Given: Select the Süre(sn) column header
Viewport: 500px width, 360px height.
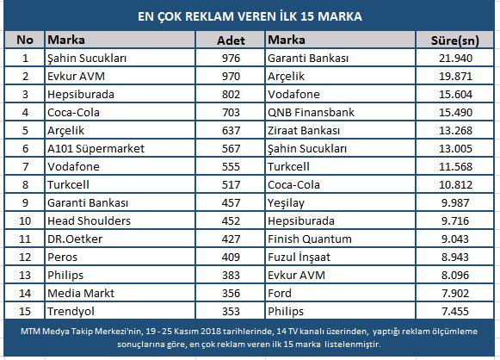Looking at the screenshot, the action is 455,40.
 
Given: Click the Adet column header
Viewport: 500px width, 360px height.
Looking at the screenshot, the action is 231,40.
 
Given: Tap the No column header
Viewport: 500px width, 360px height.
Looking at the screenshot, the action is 25,40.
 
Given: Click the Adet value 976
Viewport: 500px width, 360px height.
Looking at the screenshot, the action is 231,58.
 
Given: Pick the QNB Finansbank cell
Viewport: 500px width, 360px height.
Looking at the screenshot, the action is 311,112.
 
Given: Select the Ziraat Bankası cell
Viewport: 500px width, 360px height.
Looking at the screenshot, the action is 304,131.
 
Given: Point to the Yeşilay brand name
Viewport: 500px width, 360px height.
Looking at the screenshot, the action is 286,203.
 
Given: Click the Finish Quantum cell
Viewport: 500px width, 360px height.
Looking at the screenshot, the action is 310,239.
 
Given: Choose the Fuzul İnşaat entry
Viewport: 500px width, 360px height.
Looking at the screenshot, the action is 299,258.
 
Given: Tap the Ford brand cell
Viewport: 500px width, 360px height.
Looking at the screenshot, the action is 280,294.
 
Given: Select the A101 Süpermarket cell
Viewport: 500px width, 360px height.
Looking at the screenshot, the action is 96,149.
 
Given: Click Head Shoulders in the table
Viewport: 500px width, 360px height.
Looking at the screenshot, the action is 89,220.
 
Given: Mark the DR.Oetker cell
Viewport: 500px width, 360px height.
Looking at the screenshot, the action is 75,239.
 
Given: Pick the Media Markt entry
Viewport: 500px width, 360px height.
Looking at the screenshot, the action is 81,294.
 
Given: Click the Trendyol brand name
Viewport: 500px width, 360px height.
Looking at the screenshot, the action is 71,312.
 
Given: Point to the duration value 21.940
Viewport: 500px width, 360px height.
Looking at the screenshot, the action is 455,58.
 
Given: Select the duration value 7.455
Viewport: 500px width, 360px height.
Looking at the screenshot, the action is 455,311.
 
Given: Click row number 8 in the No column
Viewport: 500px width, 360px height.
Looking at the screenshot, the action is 25,185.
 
